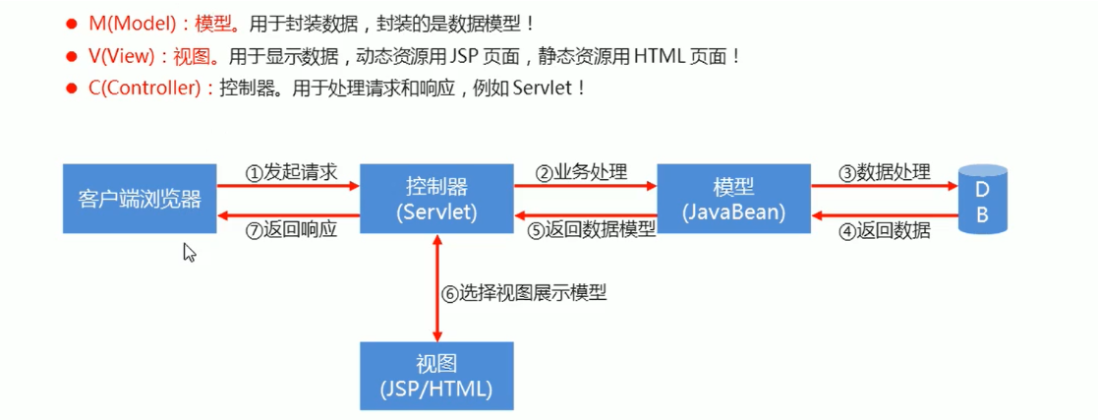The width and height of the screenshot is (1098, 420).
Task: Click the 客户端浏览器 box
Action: [140, 199]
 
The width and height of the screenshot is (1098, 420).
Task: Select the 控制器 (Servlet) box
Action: [435, 199]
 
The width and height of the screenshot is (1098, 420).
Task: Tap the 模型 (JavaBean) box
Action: [734, 199]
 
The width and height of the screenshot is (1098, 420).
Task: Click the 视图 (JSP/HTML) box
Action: [435, 376]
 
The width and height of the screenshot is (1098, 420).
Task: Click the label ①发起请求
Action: [291, 172]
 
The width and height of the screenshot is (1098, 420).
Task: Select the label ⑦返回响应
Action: [291, 230]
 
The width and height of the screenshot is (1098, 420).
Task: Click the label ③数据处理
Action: [884, 172]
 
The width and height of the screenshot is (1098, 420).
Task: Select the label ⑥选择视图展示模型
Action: [523, 292]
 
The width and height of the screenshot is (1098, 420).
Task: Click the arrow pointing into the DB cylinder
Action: [883, 186]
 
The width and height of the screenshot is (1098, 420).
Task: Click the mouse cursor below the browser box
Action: [189, 252]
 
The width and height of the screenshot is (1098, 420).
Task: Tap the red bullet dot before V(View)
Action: [71, 56]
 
